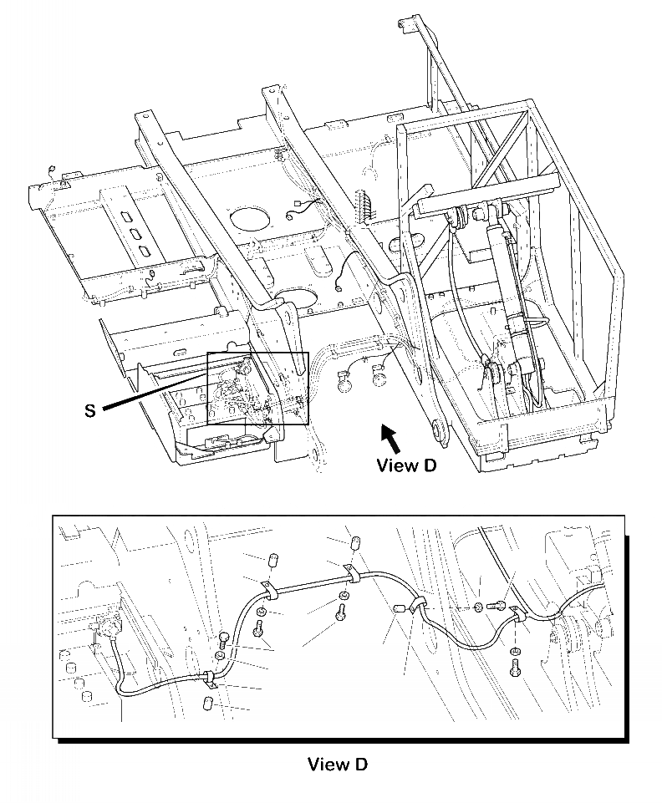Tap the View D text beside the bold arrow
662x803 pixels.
tap(406, 465)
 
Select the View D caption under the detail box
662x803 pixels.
tap(337, 764)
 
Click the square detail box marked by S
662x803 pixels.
tap(257, 388)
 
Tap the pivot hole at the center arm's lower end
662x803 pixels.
tap(437, 432)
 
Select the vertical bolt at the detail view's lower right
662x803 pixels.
tap(515, 667)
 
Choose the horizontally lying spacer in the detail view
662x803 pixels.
tap(399, 610)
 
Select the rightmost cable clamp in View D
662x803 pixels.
tap(516, 614)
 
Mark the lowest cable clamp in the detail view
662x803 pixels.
tap(209, 677)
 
